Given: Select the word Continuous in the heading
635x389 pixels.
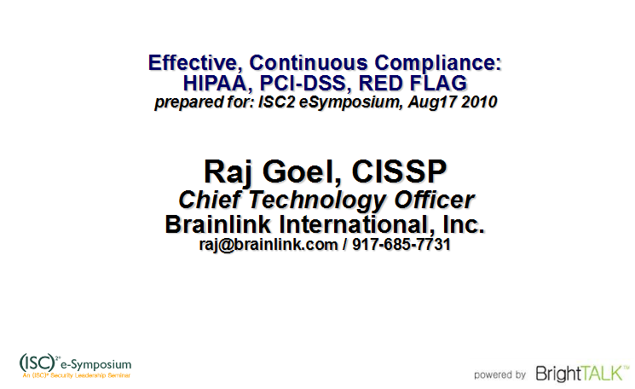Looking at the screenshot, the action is [x=309, y=63].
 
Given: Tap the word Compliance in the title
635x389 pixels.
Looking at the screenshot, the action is [x=438, y=64].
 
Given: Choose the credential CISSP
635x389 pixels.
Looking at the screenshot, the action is [x=399, y=171].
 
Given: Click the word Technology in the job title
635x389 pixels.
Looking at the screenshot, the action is [x=317, y=200].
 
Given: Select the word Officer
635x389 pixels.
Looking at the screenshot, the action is [x=434, y=200].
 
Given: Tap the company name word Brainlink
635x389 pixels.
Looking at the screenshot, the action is [x=218, y=224].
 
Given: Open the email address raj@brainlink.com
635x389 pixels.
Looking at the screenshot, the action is [x=268, y=245].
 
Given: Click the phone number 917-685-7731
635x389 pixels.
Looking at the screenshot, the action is [x=401, y=244].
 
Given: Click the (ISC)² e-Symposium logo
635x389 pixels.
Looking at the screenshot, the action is [x=76, y=366].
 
